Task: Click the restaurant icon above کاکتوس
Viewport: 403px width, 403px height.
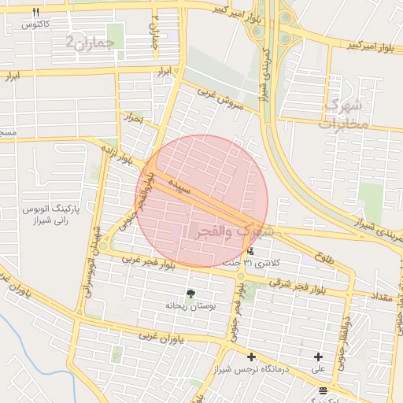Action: [35, 12]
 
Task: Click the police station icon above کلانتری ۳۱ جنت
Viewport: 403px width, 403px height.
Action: [250, 252]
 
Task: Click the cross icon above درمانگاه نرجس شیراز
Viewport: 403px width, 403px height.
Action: [251, 357]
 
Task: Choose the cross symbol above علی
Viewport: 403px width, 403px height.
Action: [318, 357]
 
